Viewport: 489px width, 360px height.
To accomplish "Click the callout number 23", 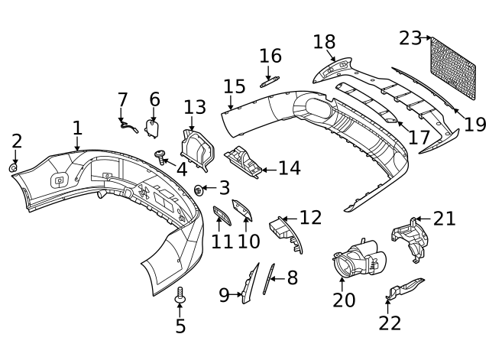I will point(410,37).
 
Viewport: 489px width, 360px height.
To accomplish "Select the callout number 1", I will point(77,128).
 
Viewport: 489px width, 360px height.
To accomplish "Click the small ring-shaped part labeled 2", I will point(14,167).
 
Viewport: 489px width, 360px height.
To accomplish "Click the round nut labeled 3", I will point(199,189).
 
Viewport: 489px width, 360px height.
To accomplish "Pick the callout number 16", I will point(270,57).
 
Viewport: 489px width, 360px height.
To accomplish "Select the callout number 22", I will point(390,323).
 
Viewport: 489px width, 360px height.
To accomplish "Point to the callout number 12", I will point(310,218).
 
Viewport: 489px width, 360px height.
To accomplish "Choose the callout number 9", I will point(224,295).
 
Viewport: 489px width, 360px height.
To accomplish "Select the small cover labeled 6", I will point(152,126).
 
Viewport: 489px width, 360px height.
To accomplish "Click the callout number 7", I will point(123,100).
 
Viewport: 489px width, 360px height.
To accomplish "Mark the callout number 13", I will point(195,108).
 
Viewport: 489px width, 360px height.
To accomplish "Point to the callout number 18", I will point(324,41).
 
